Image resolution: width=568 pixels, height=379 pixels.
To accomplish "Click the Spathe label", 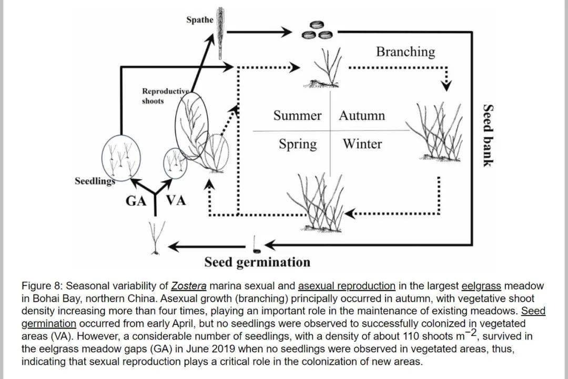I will (200, 20).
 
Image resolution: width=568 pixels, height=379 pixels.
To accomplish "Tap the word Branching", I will (405, 52).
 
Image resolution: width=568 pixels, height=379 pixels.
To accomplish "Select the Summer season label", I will (297, 116).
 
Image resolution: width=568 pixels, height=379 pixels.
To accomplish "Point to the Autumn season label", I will (362, 116).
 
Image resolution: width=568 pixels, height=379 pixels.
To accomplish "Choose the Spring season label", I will (298, 144).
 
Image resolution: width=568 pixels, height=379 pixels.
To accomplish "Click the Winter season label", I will (362, 144).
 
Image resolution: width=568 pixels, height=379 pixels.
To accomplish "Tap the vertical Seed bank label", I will (488, 135).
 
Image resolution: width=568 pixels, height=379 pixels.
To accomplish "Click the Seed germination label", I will (257, 262).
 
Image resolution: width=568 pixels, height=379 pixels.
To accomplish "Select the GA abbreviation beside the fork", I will (136, 201).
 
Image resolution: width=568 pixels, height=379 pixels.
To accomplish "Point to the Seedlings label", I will (95, 181).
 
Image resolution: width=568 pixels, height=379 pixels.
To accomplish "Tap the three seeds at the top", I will (318, 30).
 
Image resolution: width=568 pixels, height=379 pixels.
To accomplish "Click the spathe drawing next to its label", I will (220, 33).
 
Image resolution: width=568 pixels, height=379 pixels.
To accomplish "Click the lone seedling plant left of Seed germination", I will (157, 238).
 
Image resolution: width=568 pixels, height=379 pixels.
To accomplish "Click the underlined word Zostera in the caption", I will (189, 286).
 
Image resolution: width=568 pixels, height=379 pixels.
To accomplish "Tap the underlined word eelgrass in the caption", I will (481, 286).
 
